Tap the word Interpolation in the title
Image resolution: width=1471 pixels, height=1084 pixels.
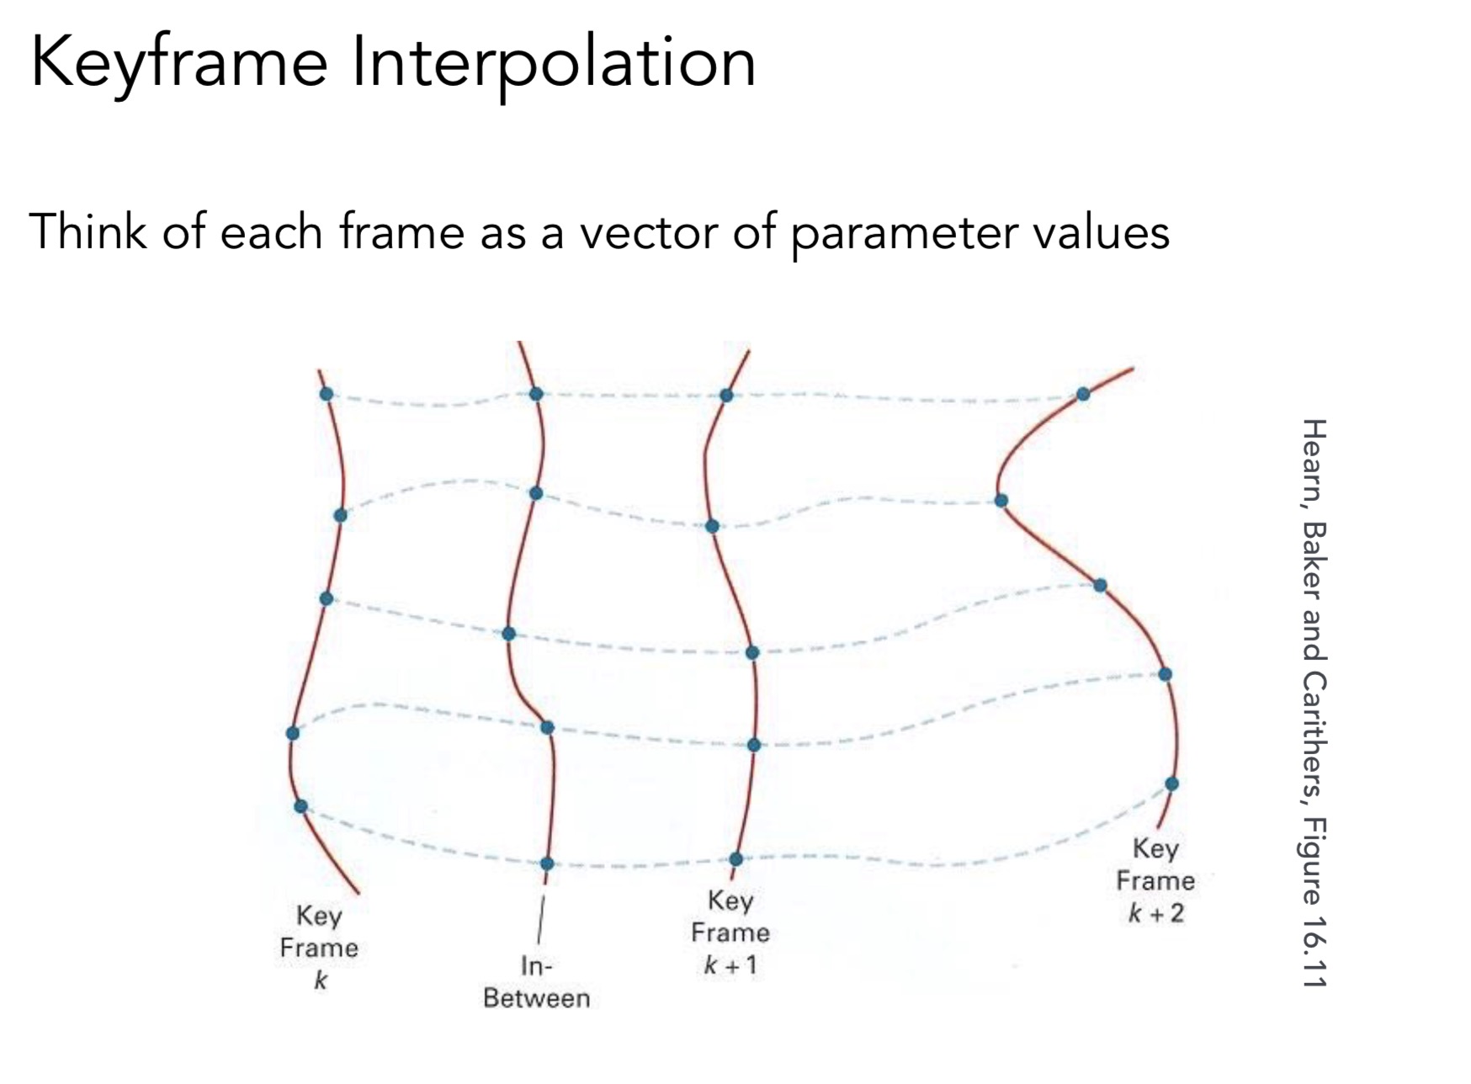pyautogui.click(x=554, y=63)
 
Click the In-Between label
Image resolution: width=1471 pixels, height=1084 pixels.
pyautogui.click(x=536, y=981)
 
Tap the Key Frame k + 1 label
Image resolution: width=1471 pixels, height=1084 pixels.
pyautogui.click(x=730, y=933)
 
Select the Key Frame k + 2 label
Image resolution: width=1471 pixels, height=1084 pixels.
pyautogui.click(x=1155, y=880)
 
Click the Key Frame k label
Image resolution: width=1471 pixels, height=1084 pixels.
pyautogui.click(x=319, y=948)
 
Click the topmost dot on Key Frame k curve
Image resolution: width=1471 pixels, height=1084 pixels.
pyautogui.click(x=327, y=394)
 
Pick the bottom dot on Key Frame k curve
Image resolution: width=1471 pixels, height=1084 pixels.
pyautogui.click(x=300, y=806)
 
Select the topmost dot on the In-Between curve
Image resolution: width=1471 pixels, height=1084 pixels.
pyautogui.click(x=536, y=394)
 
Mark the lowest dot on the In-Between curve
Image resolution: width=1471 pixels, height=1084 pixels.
pyautogui.click(x=547, y=863)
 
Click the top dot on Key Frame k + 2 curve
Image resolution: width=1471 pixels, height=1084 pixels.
pyautogui.click(x=1083, y=394)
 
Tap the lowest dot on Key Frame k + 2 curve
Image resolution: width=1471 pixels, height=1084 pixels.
pyautogui.click(x=1171, y=784)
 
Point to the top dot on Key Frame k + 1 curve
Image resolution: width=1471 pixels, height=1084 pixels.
pyautogui.click(x=726, y=395)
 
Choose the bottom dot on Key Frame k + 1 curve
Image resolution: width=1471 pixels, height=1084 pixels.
pyautogui.click(x=736, y=859)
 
